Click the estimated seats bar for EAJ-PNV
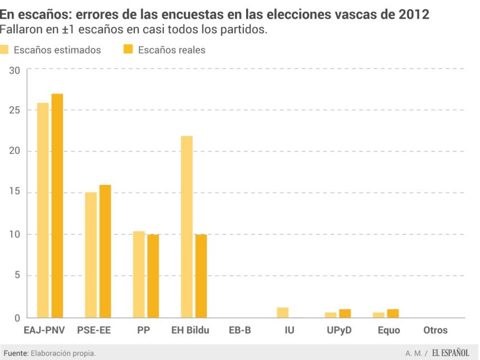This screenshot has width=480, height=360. pos(43,210)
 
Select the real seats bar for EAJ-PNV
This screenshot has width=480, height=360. pos(57,206)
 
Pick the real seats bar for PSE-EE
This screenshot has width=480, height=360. pos(105,251)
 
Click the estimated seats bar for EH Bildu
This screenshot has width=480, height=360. pos(187,227)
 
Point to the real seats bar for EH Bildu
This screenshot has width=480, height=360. pos(201,276)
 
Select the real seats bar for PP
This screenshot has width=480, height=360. pos(153,276)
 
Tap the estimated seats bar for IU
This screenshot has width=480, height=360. pos(283,313)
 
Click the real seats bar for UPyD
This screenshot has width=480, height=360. pos(345,313)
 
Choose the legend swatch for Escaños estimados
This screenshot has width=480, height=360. pos(4,49)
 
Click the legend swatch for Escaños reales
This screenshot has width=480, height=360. pos(128,49)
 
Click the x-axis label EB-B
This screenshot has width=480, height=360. pos(240,330)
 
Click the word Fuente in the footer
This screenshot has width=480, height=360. pos(15,353)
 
